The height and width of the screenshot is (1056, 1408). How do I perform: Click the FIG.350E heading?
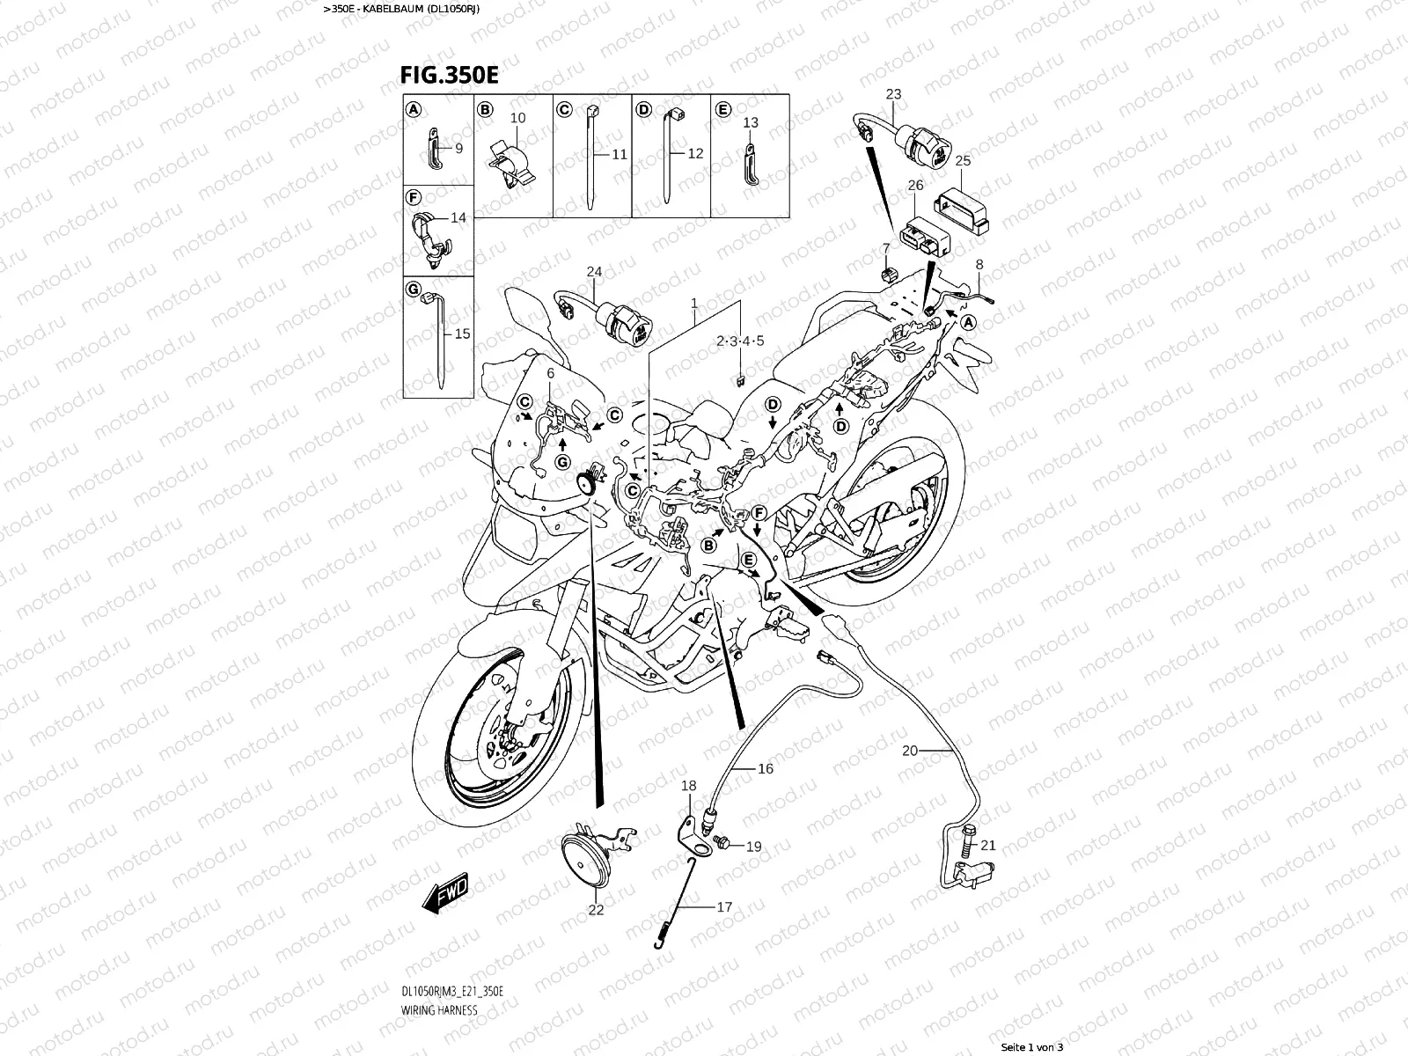(449, 76)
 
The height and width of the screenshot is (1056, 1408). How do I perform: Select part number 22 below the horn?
(596, 910)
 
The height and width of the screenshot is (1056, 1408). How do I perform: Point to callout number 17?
(724, 906)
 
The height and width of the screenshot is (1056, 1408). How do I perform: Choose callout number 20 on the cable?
(910, 751)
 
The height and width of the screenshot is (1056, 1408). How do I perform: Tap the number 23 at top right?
(893, 94)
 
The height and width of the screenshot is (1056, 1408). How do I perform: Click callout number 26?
(915, 186)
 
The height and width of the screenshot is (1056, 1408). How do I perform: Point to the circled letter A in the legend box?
(413, 109)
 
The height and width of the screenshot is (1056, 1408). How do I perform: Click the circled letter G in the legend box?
(413, 288)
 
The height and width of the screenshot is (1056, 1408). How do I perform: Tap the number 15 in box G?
(462, 334)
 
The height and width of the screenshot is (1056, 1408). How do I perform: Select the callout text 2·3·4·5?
(740, 341)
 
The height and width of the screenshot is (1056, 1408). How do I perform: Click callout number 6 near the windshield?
(551, 373)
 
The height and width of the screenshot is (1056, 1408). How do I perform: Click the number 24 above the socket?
(595, 272)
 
